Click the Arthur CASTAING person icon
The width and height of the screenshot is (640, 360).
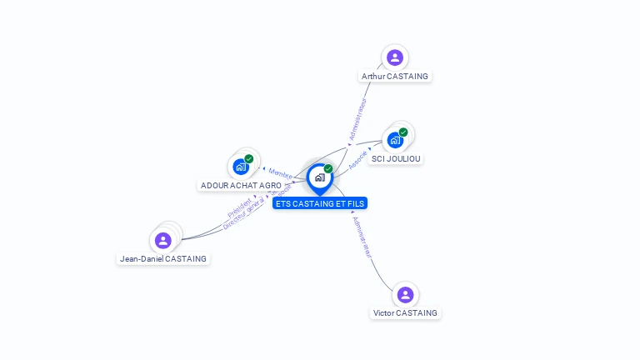coord(395,57)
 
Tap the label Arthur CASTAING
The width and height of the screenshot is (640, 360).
coord(395,77)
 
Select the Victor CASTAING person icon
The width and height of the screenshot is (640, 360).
coord(405,295)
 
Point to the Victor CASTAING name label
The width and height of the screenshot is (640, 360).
coord(405,313)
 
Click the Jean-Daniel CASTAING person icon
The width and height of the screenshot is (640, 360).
coord(163,241)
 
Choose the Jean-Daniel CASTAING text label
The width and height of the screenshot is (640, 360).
coord(163,259)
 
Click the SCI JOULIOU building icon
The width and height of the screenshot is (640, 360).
coord(395,140)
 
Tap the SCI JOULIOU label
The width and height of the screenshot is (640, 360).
coord(397,158)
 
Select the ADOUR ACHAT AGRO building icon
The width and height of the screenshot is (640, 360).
coord(241,167)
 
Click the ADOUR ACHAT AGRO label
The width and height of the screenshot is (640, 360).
coord(241,185)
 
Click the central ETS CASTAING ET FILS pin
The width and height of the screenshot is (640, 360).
coord(319,177)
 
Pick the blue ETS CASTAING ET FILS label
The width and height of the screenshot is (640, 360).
coord(319,203)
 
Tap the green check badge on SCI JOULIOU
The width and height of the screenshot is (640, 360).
coord(403,132)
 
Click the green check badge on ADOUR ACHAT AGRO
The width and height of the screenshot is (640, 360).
coord(249,158)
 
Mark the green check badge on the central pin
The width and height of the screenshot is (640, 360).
coord(328,169)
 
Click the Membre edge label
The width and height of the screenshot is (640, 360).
coord(280,173)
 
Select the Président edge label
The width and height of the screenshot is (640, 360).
coord(239,209)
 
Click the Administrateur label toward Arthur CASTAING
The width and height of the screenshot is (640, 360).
coord(357,119)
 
